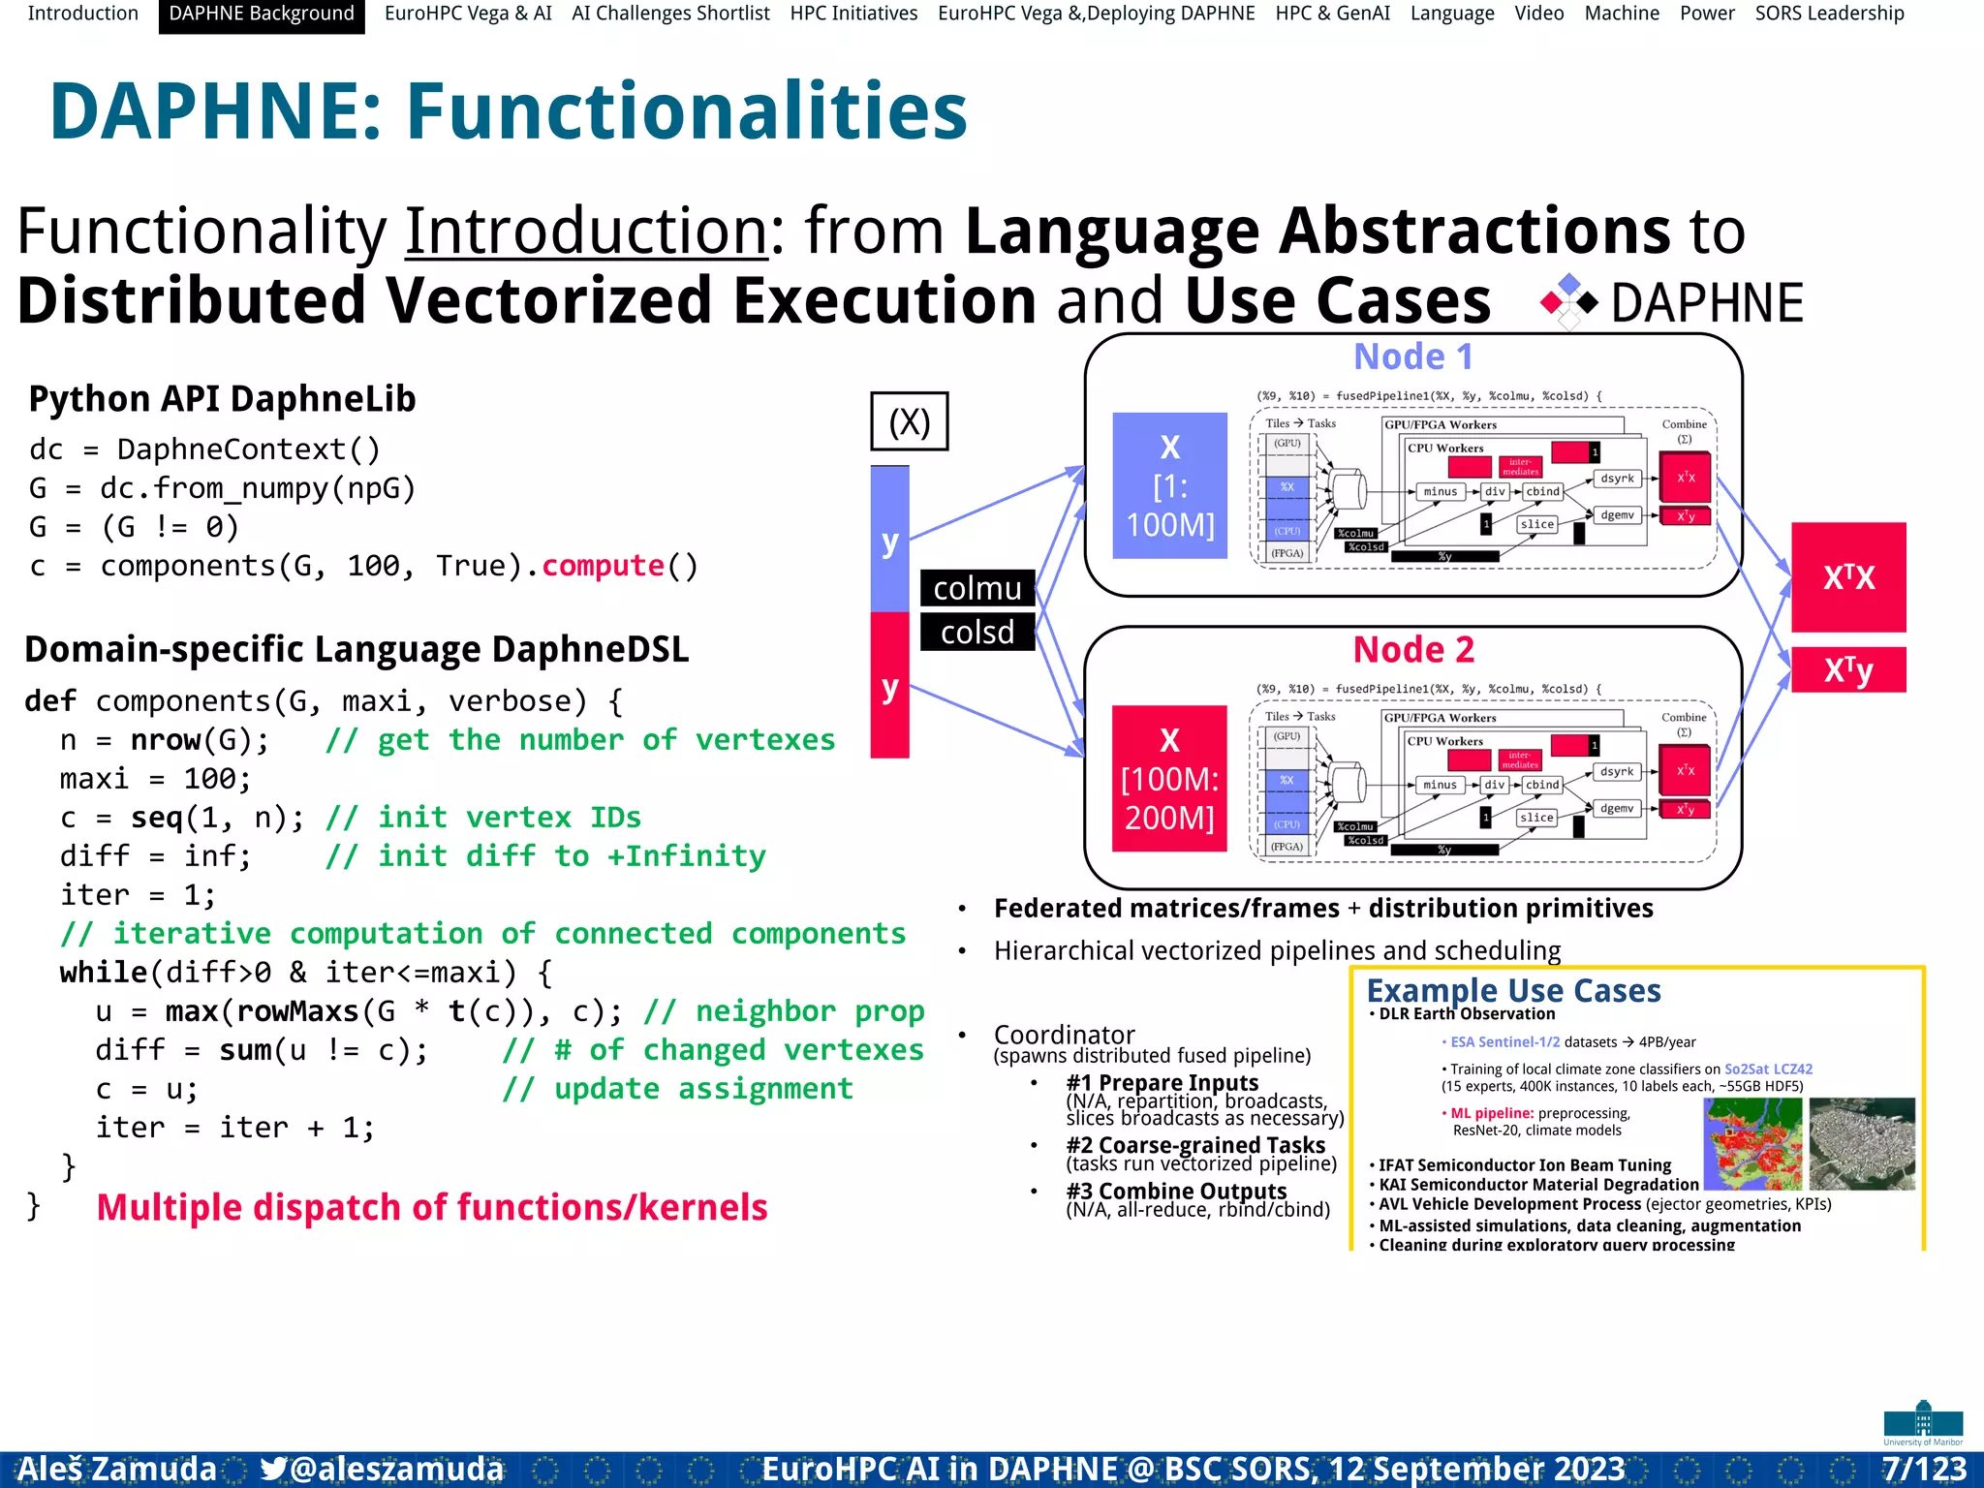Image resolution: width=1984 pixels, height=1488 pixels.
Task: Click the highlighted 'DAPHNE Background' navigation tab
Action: [262, 15]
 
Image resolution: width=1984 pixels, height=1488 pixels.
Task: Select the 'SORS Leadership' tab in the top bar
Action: [1829, 15]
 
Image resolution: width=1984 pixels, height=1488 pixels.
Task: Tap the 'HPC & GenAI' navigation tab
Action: [1332, 15]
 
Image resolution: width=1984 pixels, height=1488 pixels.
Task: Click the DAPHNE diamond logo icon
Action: [1568, 302]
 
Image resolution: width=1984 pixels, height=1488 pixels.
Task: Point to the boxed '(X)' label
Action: [909, 421]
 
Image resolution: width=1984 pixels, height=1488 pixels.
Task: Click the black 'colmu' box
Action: [976, 588]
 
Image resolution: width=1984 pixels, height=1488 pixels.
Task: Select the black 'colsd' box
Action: [976, 633]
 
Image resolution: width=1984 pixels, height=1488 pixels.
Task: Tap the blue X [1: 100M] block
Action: [1169, 485]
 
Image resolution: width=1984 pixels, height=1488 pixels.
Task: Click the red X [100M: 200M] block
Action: [1169, 779]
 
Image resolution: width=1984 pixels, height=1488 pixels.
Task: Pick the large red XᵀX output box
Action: [1848, 577]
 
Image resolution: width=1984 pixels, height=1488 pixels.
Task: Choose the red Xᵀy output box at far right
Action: [1848, 669]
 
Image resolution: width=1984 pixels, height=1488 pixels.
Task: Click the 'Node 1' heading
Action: [1412, 356]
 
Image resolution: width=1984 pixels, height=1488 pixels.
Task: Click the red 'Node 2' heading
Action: [1412, 649]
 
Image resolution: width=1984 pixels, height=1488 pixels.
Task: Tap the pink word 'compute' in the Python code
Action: [603, 566]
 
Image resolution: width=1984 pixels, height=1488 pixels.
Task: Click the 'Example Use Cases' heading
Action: [1513, 990]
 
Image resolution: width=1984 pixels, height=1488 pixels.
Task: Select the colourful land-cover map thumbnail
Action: [1752, 1144]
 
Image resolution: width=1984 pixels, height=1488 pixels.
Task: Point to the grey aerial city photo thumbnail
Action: [1862, 1144]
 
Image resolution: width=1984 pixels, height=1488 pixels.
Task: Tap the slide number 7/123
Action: [1924, 1469]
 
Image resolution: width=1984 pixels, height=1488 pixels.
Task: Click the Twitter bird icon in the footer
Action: [273, 1469]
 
